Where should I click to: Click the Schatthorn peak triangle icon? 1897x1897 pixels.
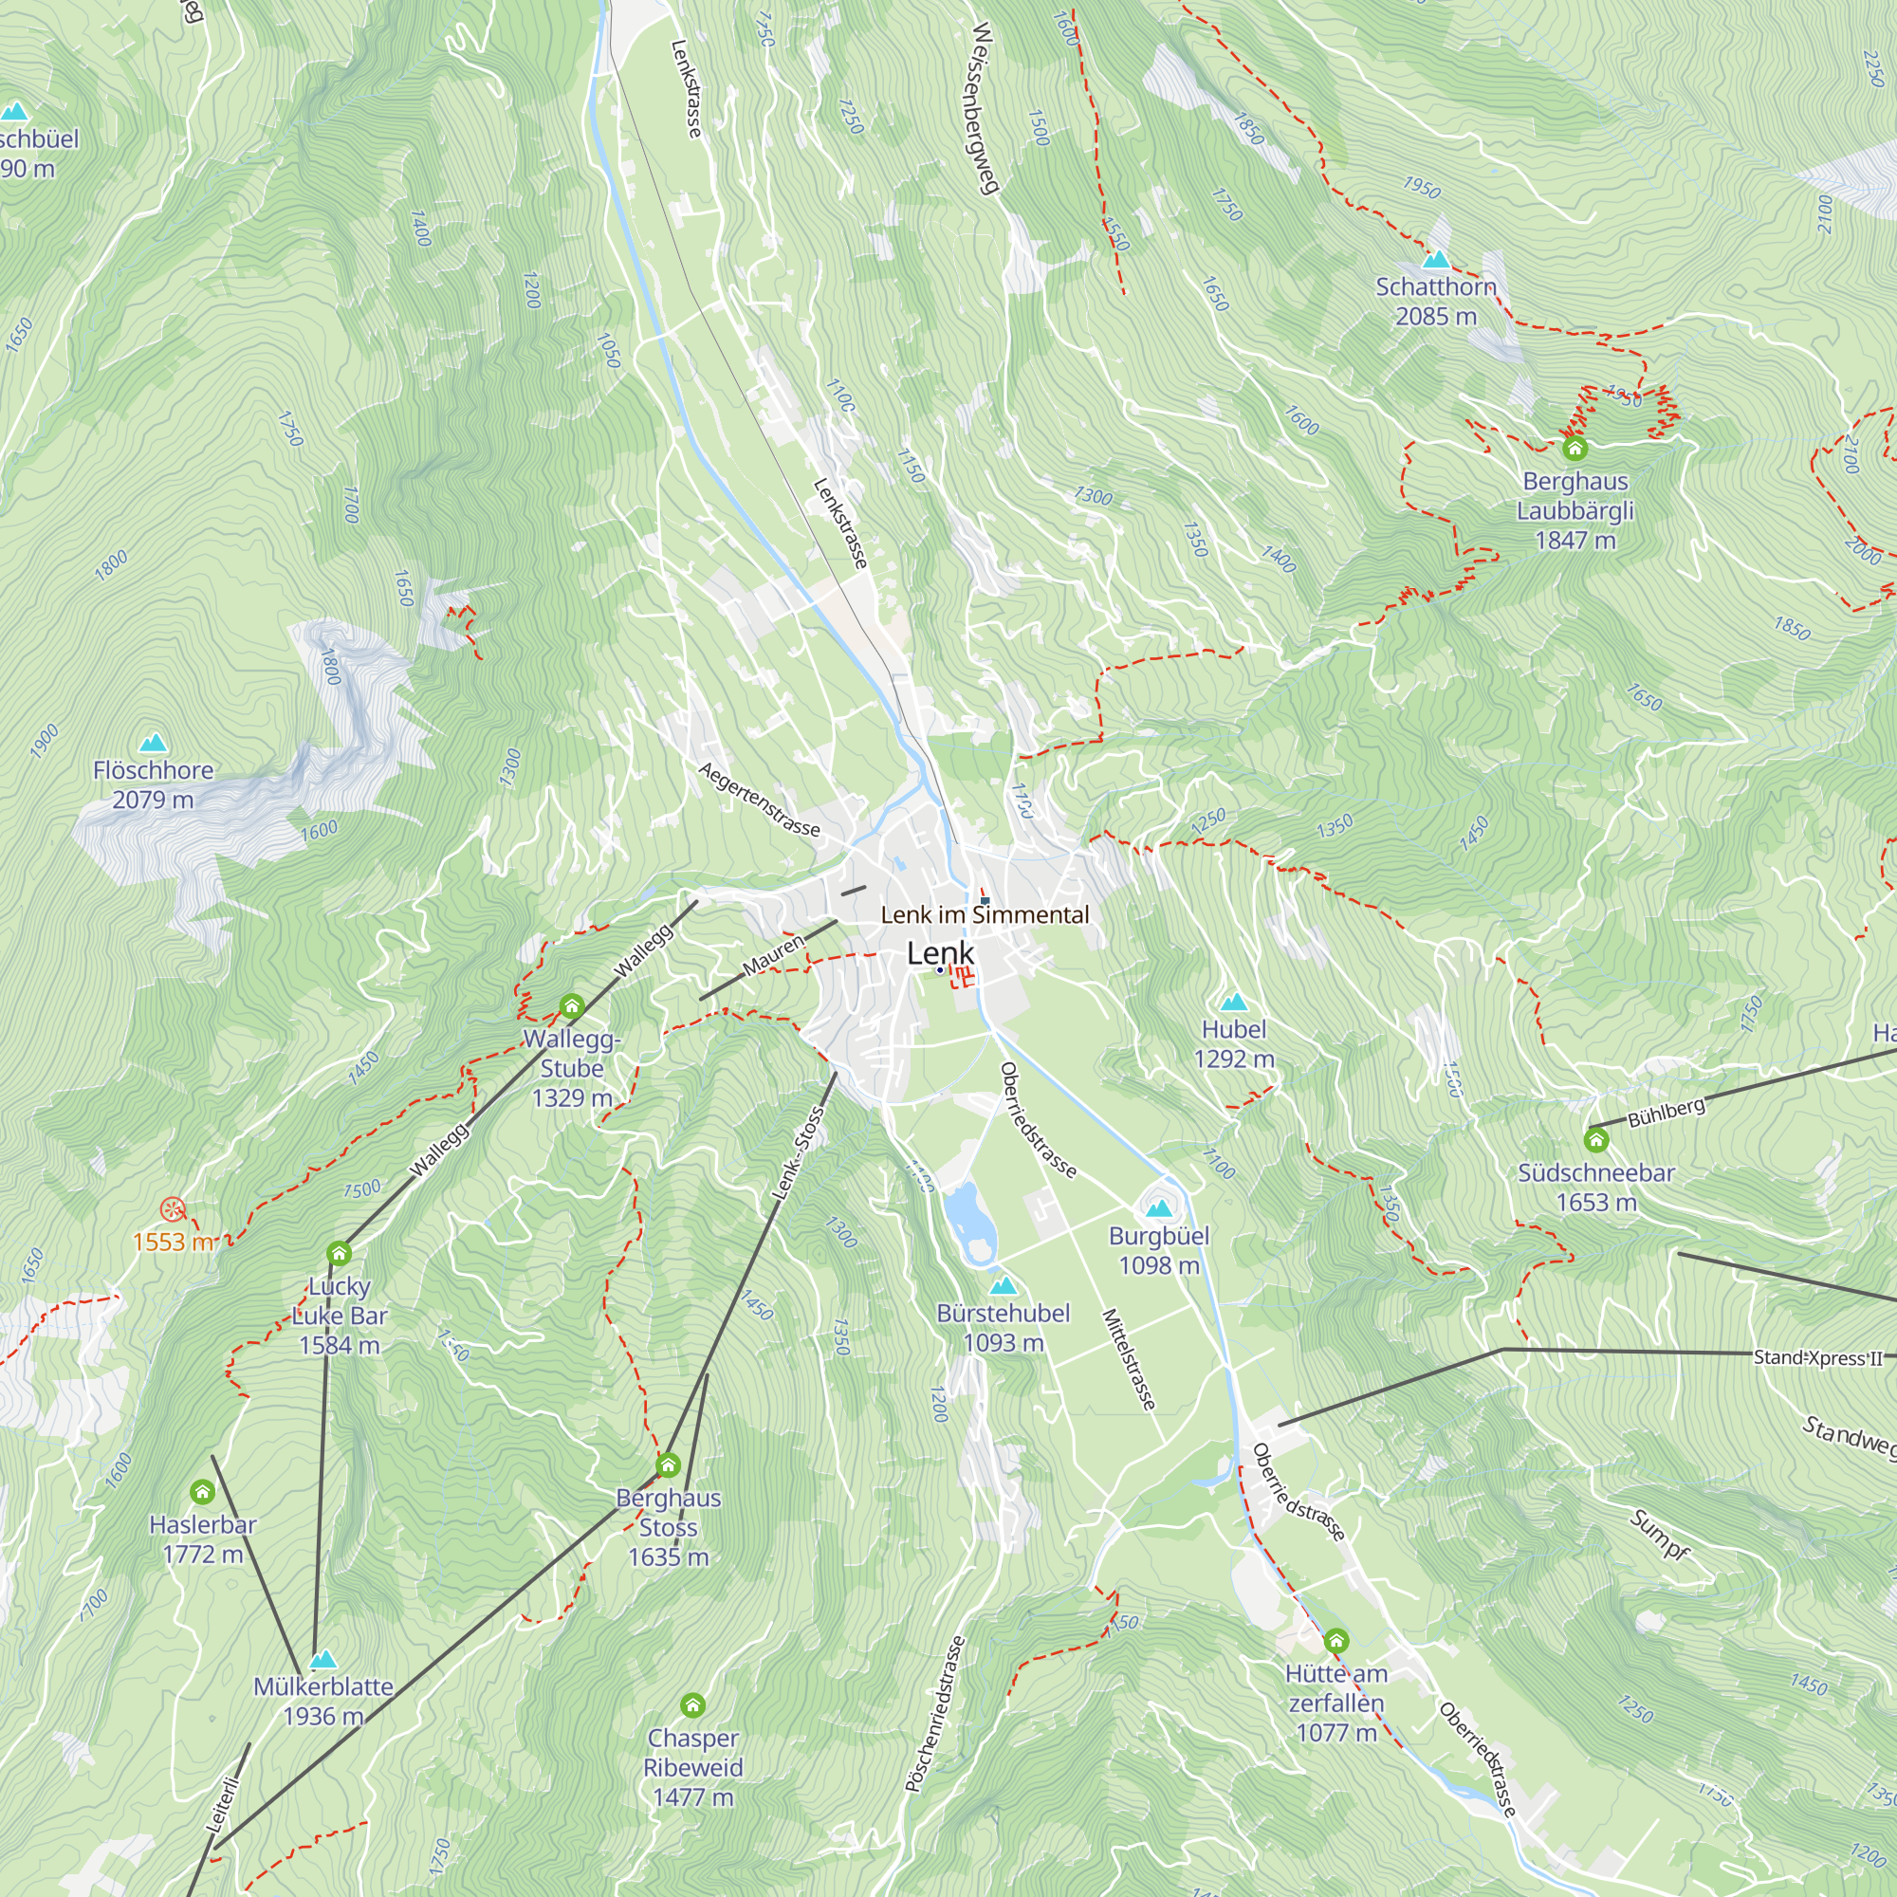(1435, 259)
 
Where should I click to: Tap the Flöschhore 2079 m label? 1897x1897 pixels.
(153, 784)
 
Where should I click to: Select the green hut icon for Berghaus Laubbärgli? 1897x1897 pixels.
(1575, 449)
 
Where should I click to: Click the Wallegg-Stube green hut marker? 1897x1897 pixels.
(571, 1005)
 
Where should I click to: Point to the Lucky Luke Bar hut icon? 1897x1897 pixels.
(339, 1253)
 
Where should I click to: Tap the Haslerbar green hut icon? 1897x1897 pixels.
(202, 1492)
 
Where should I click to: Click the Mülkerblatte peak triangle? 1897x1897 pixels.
(323, 1659)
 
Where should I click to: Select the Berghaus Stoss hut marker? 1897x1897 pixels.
(669, 1465)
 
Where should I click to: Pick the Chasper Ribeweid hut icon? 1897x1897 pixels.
(692, 1705)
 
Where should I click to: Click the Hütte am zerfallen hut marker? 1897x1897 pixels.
(1335, 1641)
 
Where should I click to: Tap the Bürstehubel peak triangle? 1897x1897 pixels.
(1002, 1286)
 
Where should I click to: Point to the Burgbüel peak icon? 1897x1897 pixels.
(1159, 1207)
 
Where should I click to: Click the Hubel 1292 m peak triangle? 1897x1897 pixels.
(1233, 1003)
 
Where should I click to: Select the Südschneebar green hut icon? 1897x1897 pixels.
(1595, 1140)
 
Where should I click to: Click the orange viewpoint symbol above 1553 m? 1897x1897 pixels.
(172, 1208)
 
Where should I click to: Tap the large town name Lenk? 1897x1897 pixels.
(940, 952)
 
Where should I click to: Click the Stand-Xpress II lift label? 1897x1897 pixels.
(1817, 1358)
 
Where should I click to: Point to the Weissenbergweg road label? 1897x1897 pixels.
(984, 108)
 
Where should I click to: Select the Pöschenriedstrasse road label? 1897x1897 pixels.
(935, 1714)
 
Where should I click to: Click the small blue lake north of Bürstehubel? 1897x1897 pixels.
(967, 1219)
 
